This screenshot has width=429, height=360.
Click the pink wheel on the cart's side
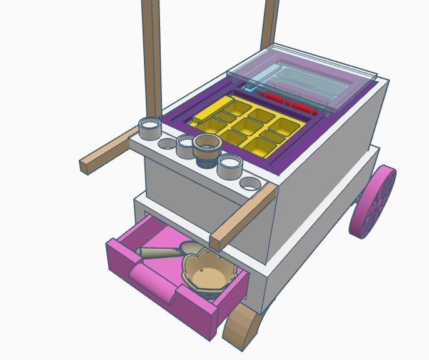coord(373,202)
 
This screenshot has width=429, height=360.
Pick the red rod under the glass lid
coord(285,102)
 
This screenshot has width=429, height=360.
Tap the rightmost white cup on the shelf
coord(230,166)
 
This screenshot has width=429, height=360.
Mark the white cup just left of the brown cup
coord(186,146)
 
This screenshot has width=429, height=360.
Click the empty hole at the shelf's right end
coord(250,184)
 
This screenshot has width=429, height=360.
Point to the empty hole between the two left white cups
coord(167,144)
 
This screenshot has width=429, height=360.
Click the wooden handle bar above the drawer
coord(244,216)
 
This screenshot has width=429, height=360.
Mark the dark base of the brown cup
coord(206,162)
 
